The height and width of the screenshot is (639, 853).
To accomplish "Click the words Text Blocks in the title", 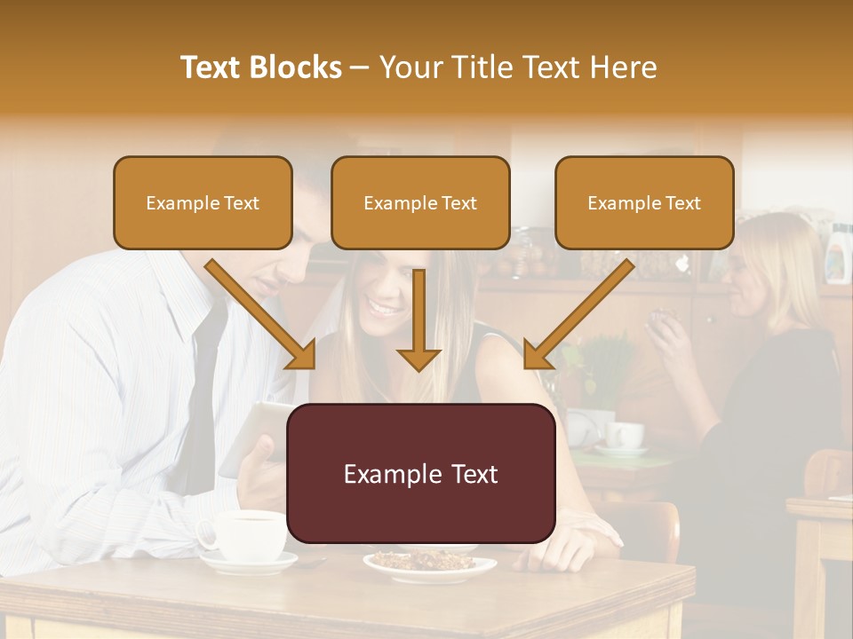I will click(261, 67).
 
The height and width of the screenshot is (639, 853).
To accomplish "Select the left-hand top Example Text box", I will click(203, 203).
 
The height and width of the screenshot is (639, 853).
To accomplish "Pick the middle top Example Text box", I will click(420, 203).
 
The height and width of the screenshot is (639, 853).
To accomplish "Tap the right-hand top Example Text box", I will click(644, 203).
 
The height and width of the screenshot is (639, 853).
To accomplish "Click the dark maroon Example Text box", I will click(421, 474).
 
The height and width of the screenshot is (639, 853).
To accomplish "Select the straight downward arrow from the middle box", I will click(419, 319).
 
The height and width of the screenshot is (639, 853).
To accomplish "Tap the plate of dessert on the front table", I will click(429, 563).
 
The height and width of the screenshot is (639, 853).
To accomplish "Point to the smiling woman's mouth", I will click(385, 308).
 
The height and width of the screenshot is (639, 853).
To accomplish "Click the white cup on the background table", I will click(625, 435).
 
